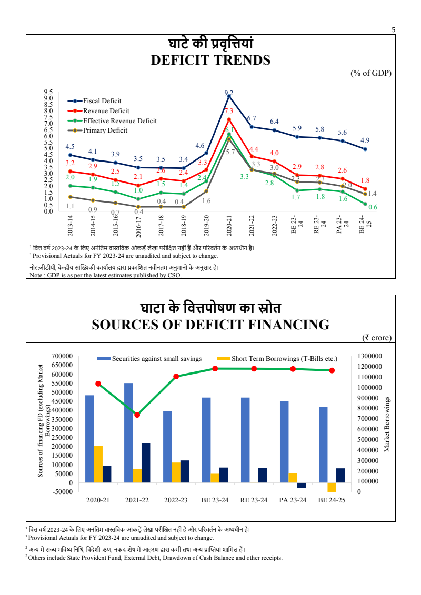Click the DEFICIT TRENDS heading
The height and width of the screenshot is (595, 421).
[x=210, y=60]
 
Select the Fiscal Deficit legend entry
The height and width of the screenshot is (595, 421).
[x=102, y=101]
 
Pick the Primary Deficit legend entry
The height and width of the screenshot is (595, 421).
[x=105, y=130]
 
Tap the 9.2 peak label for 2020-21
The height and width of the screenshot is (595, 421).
[x=229, y=93]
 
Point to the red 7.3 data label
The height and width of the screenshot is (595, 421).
[x=229, y=111]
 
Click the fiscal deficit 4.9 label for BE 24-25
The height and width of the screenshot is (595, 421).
[x=365, y=140]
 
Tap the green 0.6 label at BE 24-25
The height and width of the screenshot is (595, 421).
[x=373, y=207]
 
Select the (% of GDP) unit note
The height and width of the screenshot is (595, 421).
[x=371, y=73]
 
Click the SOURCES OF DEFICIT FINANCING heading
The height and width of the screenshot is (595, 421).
[x=210, y=325]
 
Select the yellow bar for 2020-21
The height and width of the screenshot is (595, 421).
[x=98, y=464]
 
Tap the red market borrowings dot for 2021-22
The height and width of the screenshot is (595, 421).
[x=137, y=415]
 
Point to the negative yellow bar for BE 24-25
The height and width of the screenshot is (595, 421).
[x=332, y=487]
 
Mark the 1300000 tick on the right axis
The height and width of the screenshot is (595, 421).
[x=370, y=356]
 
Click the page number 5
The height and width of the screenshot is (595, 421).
[x=393, y=30]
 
